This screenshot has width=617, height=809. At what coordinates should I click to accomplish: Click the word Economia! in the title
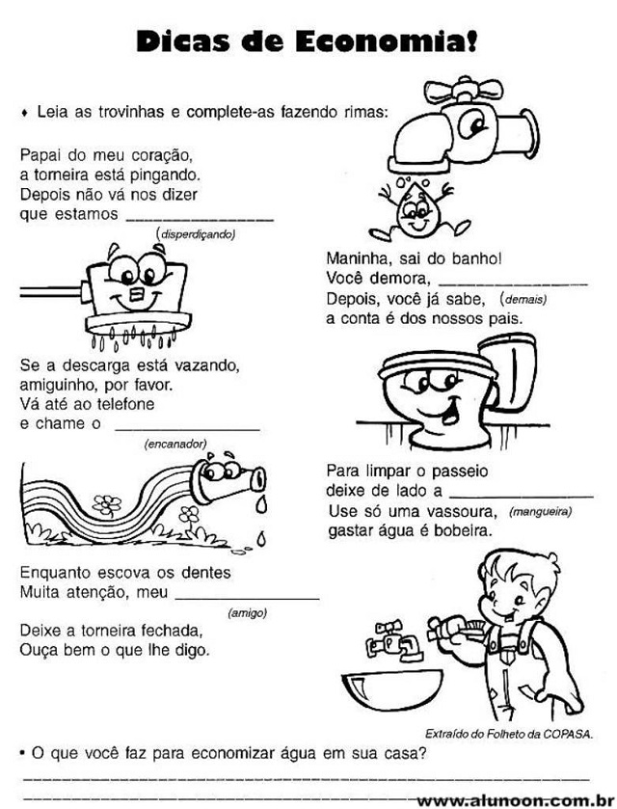(387, 41)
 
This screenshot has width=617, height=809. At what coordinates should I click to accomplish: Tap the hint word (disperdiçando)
(196, 234)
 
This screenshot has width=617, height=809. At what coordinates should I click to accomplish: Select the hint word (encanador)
(175, 444)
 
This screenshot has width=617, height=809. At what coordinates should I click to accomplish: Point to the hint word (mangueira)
(540, 512)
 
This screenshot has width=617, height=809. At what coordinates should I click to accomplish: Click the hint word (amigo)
(247, 613)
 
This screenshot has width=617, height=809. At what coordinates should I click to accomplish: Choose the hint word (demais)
(523, 299)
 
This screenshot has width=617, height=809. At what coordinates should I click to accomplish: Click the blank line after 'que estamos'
(201, 220)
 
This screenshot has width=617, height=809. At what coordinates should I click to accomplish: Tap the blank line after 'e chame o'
(187, 429)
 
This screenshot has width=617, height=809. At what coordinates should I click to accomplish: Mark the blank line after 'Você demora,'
(513, 284)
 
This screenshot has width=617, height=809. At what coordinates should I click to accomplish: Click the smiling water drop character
(416, 210)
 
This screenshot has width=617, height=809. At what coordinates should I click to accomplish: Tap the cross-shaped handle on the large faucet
(464, 91)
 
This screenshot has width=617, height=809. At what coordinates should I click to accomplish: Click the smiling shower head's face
(137, 286)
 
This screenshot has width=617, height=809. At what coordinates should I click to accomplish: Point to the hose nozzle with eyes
(228, 479)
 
